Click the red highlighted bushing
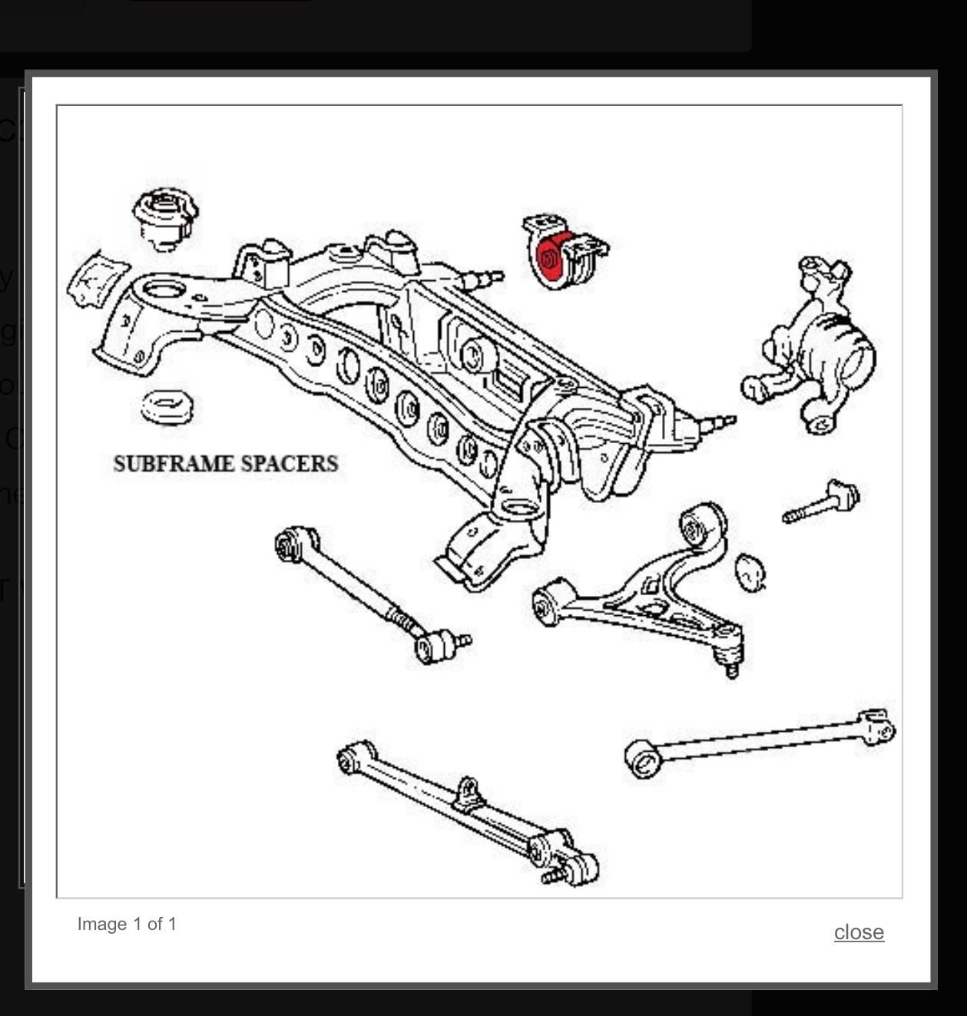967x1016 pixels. (550, 256)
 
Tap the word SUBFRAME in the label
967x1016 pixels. (173, 464)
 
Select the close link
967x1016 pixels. (859, 932)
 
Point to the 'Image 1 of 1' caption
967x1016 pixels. (127, 924)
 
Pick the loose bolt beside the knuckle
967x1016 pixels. (822, 503)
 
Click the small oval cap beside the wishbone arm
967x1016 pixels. (750, 571)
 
